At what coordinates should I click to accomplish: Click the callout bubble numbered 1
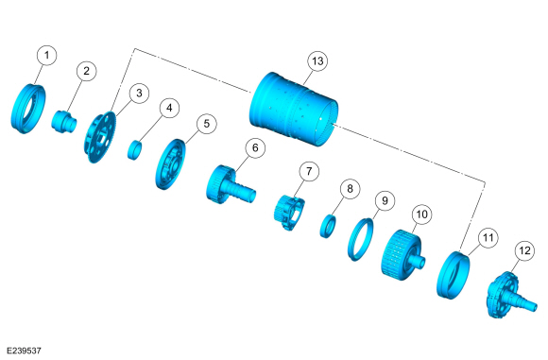pyautogui.click(x=46, y=55)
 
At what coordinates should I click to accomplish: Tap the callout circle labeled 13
pyautogui.click(x=317, y=61)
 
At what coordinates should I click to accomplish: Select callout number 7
pyautogui.click(x=309, y=171)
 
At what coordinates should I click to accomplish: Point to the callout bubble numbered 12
pyautogui.click(x=524, y=250)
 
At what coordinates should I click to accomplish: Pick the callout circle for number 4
pyautogui.click(x=169, y=108)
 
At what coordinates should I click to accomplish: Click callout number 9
pyautogui.click(x=385, y=200)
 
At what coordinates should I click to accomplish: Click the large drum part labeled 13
pyautogui.click(x=294, y=109)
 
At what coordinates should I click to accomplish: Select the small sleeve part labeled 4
pyautogui.click(x=134, y=149)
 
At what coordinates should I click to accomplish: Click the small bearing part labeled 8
pyautogui.click(x=328, y=227)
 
